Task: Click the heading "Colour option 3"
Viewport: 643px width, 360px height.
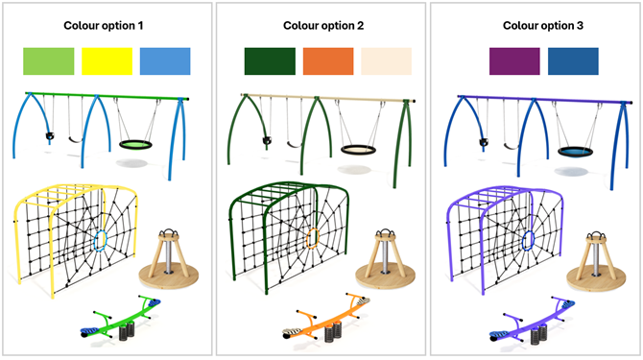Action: tap(536, 26)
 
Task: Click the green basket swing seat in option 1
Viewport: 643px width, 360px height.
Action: tap(136, 145)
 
